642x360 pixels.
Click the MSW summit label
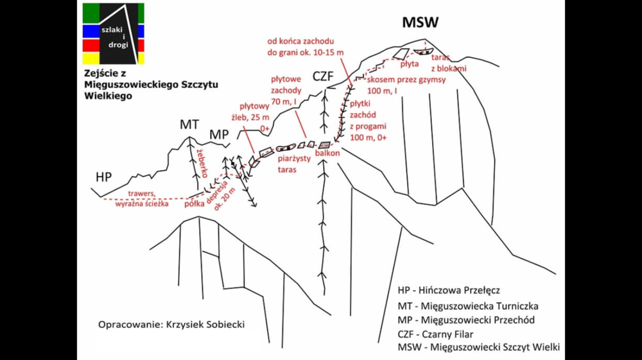click(420, 23)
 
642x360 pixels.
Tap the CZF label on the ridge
click(324, 76)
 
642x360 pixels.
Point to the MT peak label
click(189, 124)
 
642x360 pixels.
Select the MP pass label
click(220, 135)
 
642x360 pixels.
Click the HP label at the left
click(103, 176)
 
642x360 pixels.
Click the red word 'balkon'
click(327, 153)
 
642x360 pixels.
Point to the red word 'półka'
click(194, 205)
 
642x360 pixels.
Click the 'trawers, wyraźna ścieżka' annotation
click(142, 199)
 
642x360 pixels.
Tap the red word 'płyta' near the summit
click(409, 64)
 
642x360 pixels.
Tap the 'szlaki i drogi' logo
click(113, 33)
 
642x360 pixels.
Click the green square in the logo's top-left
click(90, 12)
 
